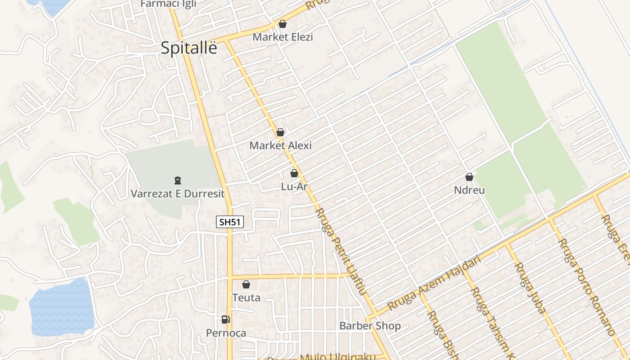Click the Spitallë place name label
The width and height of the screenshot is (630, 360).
click(189, 48)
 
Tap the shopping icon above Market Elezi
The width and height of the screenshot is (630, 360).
click(283, 24)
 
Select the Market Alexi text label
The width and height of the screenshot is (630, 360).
click(280, 145)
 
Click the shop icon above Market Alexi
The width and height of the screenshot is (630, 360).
click(280, 132)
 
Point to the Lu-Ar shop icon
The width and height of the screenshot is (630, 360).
click(294, 173)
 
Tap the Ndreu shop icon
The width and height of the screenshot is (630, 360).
click(469, 177)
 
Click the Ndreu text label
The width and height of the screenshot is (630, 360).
click(469, 190)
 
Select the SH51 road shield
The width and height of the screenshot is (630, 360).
click(230, 222)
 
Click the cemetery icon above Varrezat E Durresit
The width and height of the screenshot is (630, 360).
click(177, 180)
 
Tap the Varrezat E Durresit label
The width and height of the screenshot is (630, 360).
click(177, 194)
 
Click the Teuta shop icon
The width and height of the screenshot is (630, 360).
click(246, 284)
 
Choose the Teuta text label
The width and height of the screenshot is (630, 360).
click(246, 297)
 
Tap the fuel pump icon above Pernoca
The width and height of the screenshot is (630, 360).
click(226, 319)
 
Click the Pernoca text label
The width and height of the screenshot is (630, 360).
click(226, 333)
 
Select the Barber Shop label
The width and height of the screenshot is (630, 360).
click(370, 326)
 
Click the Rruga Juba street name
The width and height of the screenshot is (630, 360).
click(530, 288)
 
